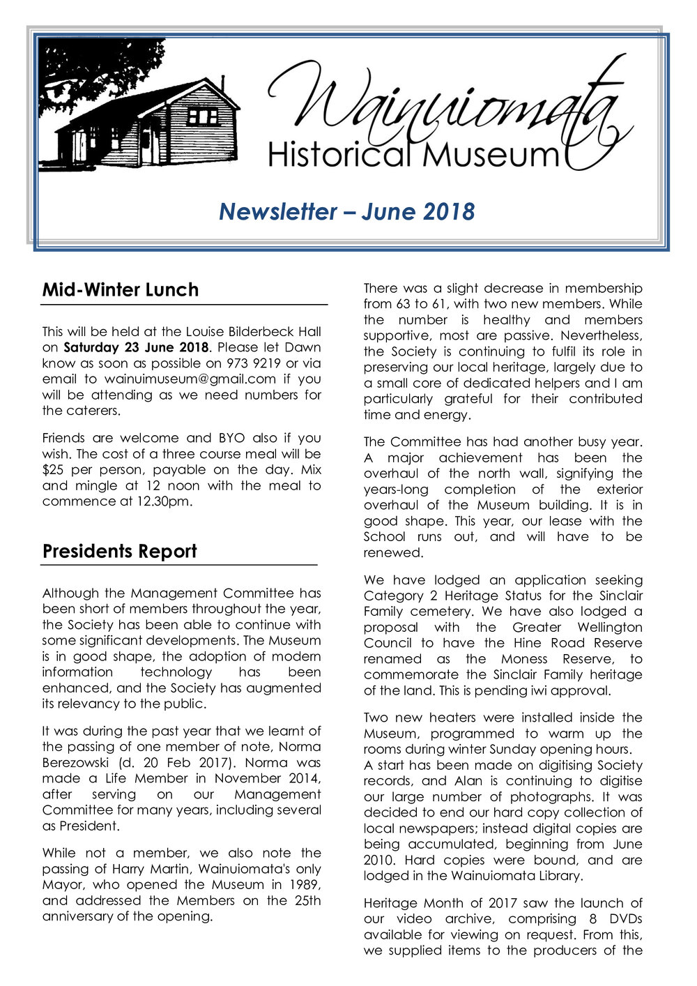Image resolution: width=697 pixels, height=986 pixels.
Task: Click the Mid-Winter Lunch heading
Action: click(121, 290)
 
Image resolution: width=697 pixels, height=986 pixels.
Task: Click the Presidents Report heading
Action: click(120, 552)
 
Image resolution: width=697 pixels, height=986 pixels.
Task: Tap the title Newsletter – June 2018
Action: click(346, 212)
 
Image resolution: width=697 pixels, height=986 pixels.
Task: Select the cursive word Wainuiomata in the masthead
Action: click(446, 105)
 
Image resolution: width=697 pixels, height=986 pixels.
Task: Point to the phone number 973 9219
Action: click(255, 363)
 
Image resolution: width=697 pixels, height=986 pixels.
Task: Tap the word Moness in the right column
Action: click(526, 659)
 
